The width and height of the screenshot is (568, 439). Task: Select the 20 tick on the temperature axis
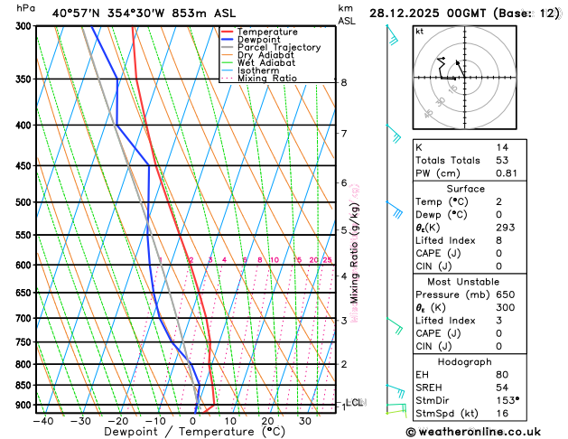tap(267, 421)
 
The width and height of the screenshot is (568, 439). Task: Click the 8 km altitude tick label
tap(344, 82)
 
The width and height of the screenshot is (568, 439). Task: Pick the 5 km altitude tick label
tap(344, 230)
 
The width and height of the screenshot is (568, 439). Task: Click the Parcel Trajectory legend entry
tap(278, 47)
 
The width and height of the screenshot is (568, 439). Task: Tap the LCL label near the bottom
tap(355, 402)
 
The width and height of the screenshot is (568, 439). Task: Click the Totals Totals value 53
tap(502, 160)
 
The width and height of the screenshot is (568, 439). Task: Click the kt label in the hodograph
tap(419, 31)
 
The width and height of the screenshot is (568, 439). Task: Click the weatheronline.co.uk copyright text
tap(483, 433)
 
